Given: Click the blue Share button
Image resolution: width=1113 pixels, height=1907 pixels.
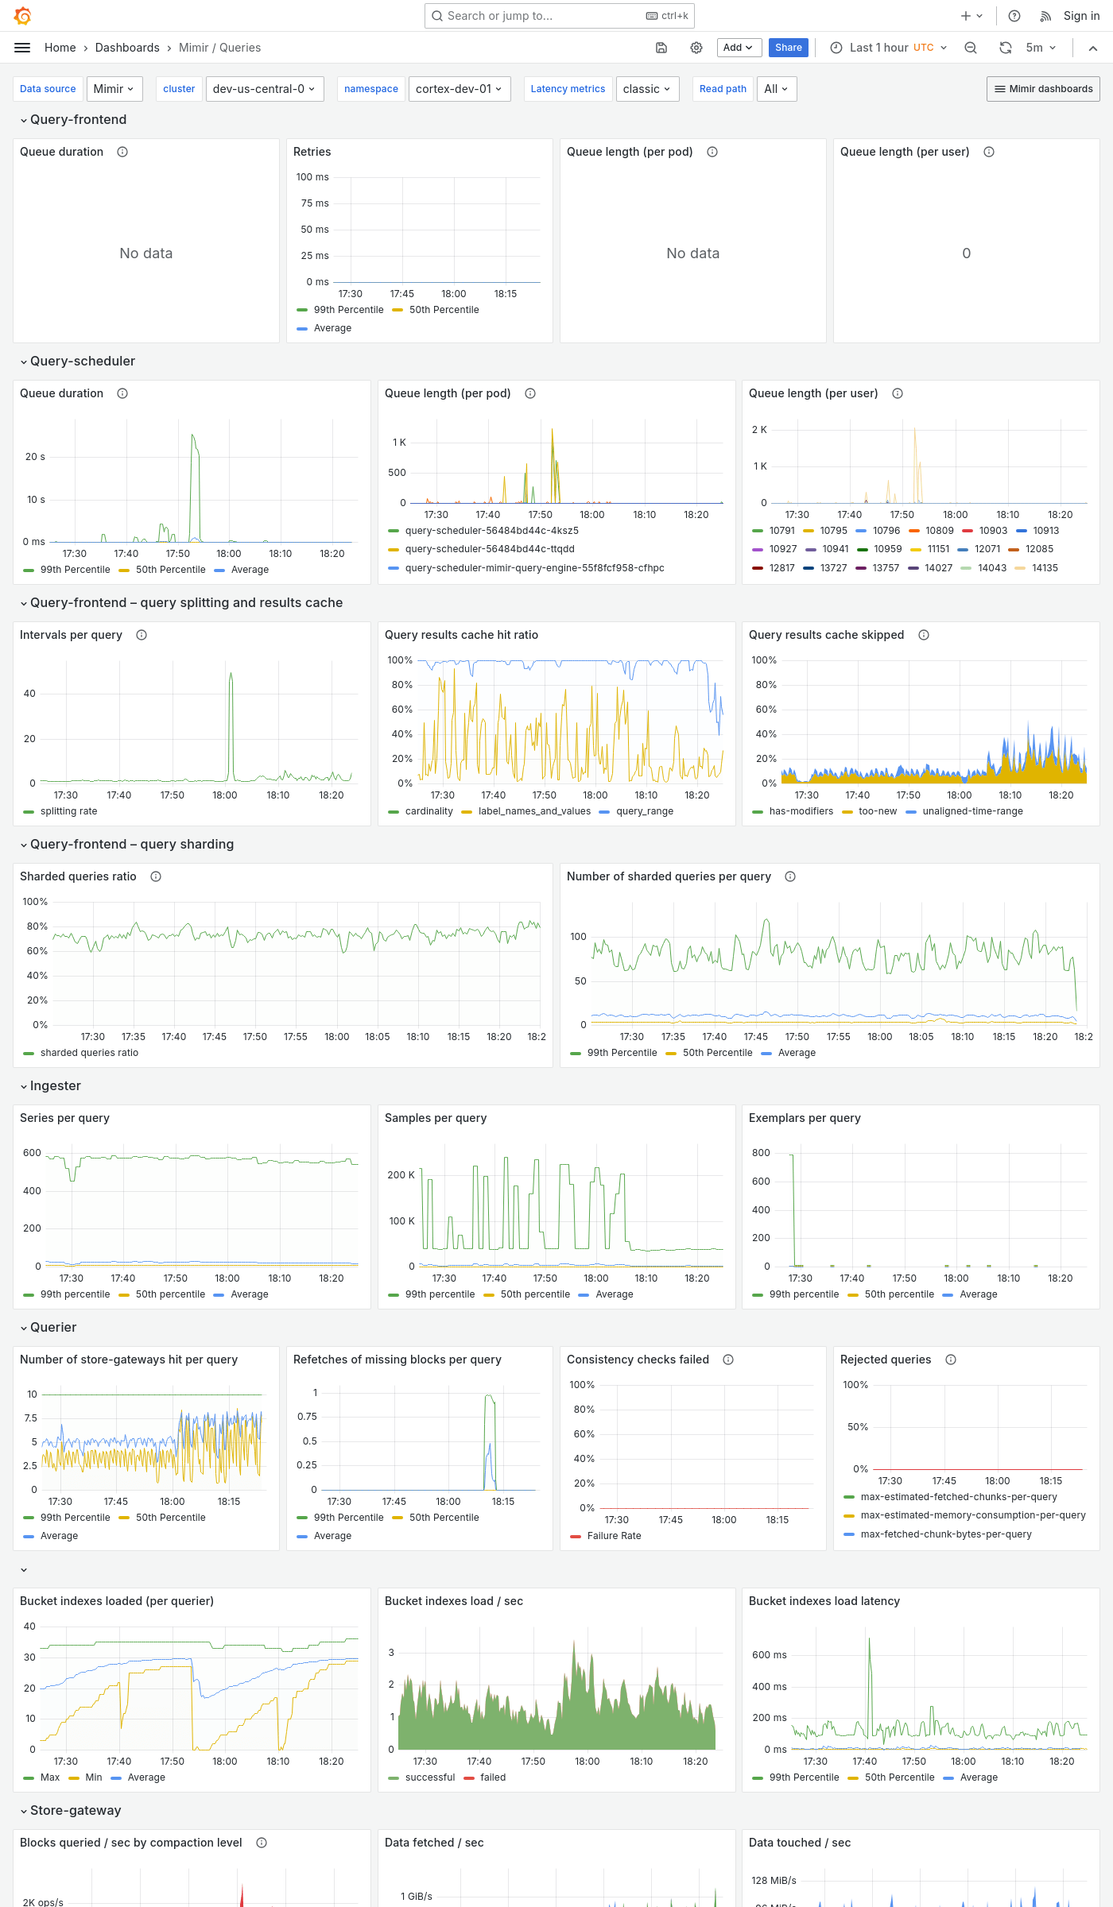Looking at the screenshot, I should point(788,48).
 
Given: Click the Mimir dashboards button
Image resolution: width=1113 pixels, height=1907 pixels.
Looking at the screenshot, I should point(1043,89).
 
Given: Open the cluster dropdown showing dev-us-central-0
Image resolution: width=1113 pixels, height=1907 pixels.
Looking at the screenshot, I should point(263,89).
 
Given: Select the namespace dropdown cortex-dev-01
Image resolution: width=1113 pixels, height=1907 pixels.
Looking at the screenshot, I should point(459,89).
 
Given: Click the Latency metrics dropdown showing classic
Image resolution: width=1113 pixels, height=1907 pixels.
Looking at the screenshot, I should point(646,89).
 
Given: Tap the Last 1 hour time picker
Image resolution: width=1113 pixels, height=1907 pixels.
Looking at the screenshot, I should point(889,48).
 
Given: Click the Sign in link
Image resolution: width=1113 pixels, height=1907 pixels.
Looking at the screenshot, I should point(1081,16).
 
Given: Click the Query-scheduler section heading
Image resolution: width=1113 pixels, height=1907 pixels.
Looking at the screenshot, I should point(83,361).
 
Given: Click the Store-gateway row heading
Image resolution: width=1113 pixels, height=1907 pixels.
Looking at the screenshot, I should point(76,1810).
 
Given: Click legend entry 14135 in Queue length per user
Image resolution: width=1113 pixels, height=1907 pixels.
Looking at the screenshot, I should point(1044,568).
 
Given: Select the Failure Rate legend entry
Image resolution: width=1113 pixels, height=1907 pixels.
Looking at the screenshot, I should point(613,1536).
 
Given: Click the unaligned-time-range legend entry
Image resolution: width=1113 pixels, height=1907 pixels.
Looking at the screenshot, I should point(971,811).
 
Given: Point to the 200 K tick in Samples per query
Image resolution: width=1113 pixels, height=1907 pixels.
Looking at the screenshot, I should point(401,1174).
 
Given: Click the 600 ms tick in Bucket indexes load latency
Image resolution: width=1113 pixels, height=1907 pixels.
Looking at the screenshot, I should point(769,1655).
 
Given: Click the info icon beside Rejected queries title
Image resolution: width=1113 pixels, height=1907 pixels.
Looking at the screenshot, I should point(950,1360).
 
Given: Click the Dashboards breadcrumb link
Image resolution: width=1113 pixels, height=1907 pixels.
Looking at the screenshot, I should point(127,48).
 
